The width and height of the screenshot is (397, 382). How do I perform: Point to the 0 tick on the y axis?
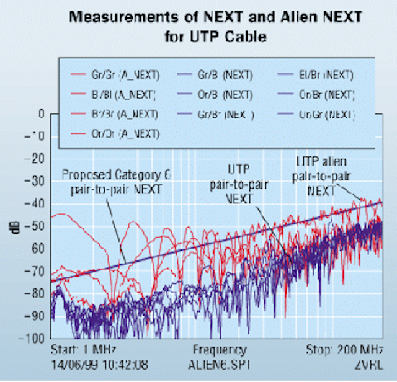tap(42, 114)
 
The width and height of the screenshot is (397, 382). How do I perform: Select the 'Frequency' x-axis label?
tap(220, 350)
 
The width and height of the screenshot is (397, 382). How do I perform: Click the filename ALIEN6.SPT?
tap(220, 362)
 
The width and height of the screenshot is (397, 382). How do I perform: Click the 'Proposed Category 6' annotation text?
tap(118, 175)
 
